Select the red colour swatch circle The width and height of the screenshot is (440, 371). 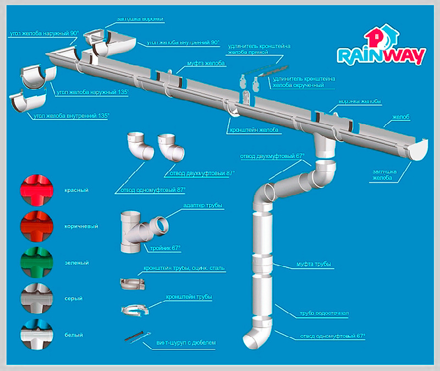(x=34, y=190)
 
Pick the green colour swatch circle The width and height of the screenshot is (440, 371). (x=34, y=262)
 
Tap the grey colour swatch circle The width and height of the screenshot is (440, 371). (x=34, y=298)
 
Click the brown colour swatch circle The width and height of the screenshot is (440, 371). (x=34, y=226)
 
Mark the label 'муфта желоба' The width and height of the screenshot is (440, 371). (x=206, y=64)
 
